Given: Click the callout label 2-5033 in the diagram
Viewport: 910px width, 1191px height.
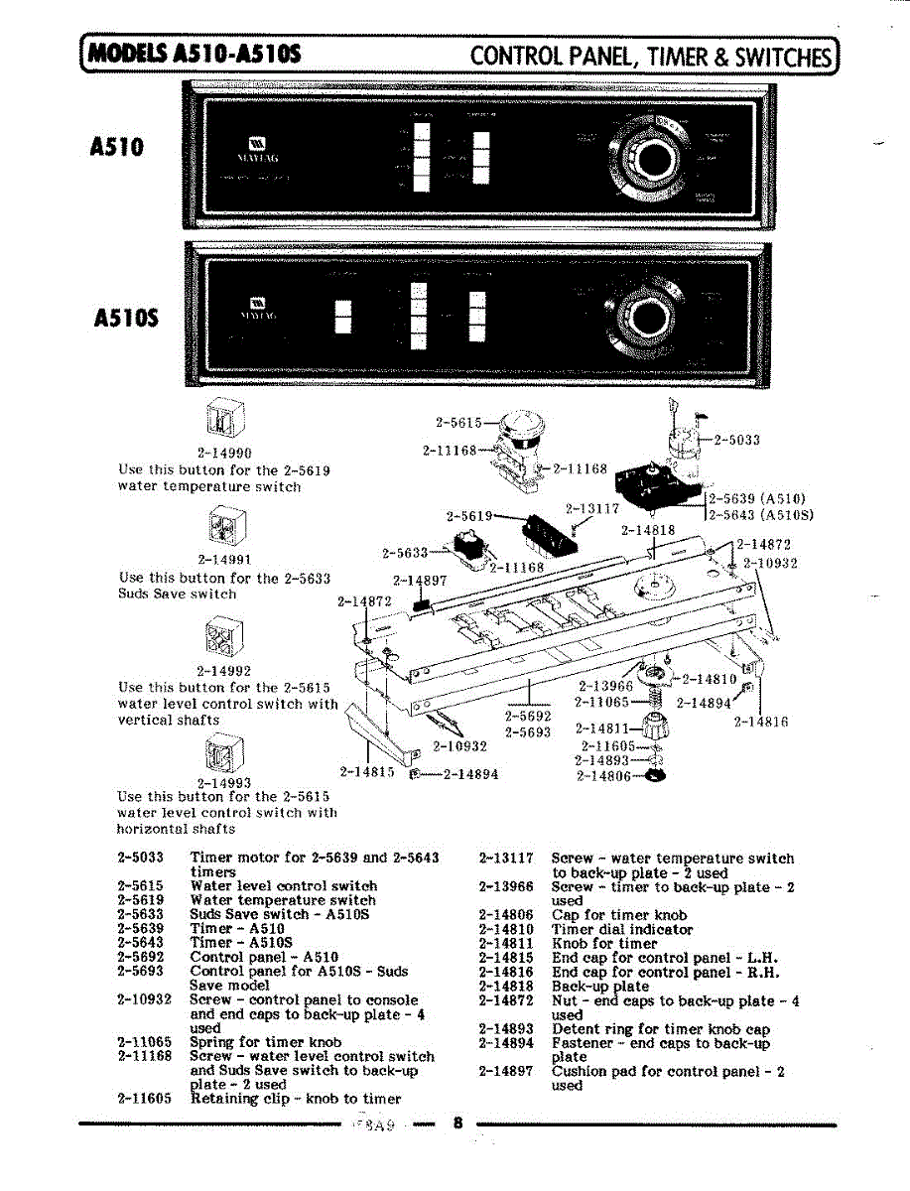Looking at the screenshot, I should (736, 440).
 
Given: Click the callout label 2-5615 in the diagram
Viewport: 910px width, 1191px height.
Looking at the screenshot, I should (458, 422).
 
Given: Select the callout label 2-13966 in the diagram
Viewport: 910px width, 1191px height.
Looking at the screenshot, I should (605, 686).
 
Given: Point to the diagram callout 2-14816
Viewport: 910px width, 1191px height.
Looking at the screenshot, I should (761, 723).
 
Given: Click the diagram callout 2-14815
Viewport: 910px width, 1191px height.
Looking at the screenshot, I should (367, 771).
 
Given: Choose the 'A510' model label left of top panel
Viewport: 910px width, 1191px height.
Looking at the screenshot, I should (117, 147).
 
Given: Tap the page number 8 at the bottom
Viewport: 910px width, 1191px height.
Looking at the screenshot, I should (457, 1124).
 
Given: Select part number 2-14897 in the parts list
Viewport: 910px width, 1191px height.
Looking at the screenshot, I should (506, 1072).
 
